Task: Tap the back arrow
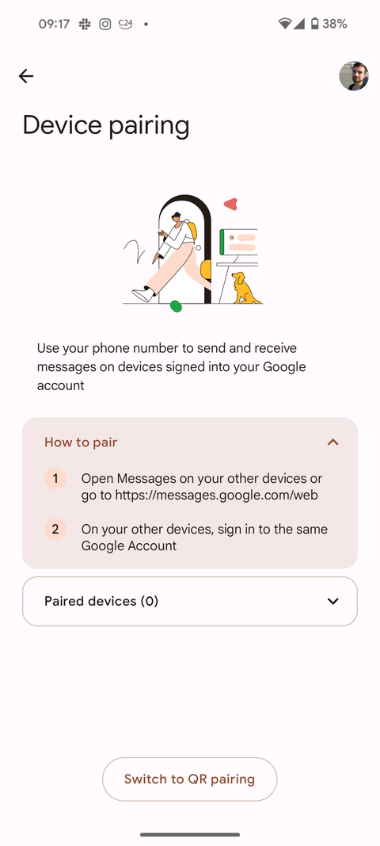click(26, 76)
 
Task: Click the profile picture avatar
click(354, 76)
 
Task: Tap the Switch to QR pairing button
click(190, 779)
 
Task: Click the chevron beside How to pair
click(333, 442)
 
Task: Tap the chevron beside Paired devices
click(333, 601)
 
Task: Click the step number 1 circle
click(55, 479)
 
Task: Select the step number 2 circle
click(55, 530)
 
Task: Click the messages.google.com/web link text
click(216, 495)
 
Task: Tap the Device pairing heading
click(105, 125)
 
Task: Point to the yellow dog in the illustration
click(245, 288)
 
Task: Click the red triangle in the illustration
click(230, 204)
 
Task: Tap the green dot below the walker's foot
click(176, 306)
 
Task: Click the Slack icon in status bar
click(85, 24)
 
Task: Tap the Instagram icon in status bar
click(105, 24)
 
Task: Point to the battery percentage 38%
click(335, 24)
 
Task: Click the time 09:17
click(54, 24)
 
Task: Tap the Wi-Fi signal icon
click(284, 24)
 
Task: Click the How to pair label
click(81, 442)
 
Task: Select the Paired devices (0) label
click(101, 601)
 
